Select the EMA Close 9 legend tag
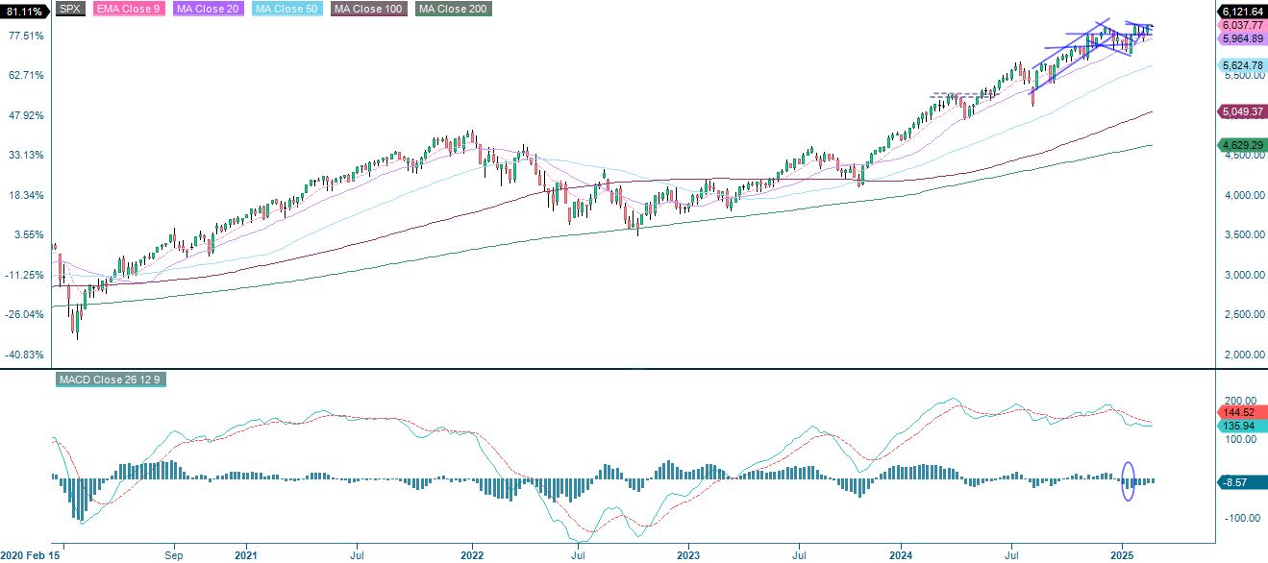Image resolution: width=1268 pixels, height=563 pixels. point(124,10)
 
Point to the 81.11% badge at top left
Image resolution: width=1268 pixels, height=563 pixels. point(24,11)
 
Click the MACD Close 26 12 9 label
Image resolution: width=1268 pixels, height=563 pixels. point(111,379)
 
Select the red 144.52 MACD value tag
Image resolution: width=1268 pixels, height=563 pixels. point(1240,411)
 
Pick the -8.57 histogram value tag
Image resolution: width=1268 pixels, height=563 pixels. point(1240,481)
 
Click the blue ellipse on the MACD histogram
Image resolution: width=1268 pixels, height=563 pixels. point(1129,480)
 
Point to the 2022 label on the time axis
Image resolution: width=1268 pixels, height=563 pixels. point(472,555)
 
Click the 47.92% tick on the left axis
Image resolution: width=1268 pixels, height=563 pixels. point(26,115)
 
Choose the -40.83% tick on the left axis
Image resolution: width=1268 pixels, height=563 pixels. point(26,355)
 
